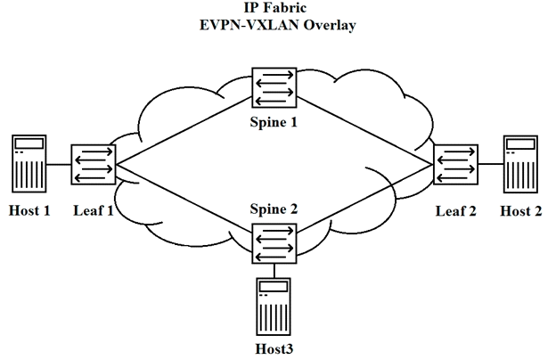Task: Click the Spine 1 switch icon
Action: pos(274,87)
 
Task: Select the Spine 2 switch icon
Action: pos(274,243)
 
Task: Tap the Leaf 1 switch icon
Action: pos(94,164)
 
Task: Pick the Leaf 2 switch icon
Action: pos(455,164)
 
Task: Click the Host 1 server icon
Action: pos(29,163)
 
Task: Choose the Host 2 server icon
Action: pos(520,164)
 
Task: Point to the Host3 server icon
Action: pos(274,307)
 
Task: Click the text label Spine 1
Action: pos(274,122)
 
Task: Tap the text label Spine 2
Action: pos(274,209)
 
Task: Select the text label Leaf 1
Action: pos(94,210)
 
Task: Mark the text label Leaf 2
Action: pos(455,211)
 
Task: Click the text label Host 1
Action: pos(29,210)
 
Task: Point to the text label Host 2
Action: pos(521,211)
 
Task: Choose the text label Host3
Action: pos(274,349)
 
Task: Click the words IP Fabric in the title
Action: pos(274,7)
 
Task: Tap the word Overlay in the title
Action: pos(329,25)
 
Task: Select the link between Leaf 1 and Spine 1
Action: pos(184,130)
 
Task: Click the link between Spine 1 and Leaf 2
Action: pos(365,131)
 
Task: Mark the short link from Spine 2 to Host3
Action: pos(274,271)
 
